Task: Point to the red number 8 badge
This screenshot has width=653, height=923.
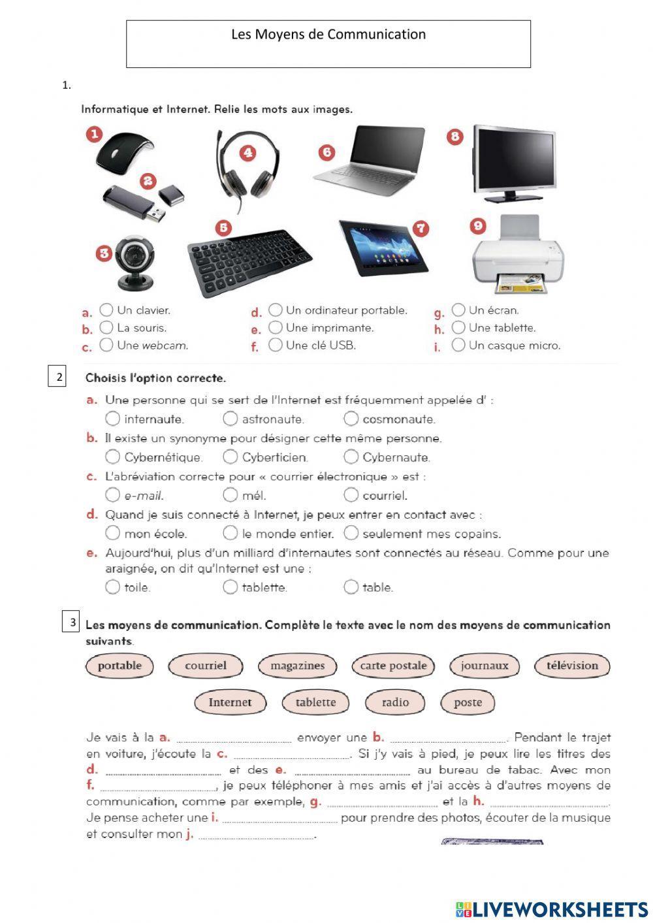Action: tap(455, 137)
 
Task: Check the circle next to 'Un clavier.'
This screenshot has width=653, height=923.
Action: tap(106, 310)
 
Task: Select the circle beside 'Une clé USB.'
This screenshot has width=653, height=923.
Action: tap(276, 344)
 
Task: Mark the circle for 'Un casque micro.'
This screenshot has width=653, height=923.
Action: tap(458, 344)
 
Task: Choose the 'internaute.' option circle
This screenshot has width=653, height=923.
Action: tap(112, 418)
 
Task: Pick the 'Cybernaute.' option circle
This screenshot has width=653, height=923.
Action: tap(351, 456)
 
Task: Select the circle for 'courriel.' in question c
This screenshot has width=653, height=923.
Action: tap(351, 494)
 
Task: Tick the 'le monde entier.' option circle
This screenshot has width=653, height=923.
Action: tap(230, 533)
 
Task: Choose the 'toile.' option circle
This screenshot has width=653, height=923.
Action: tap(112, 587)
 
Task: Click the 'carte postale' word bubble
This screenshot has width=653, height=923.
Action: tap(393, 666)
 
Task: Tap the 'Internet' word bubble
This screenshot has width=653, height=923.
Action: tap(229, 702)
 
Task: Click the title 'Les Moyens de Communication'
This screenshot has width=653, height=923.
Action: tap(328, 35)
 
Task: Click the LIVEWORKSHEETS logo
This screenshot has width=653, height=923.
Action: tap(551, 909)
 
